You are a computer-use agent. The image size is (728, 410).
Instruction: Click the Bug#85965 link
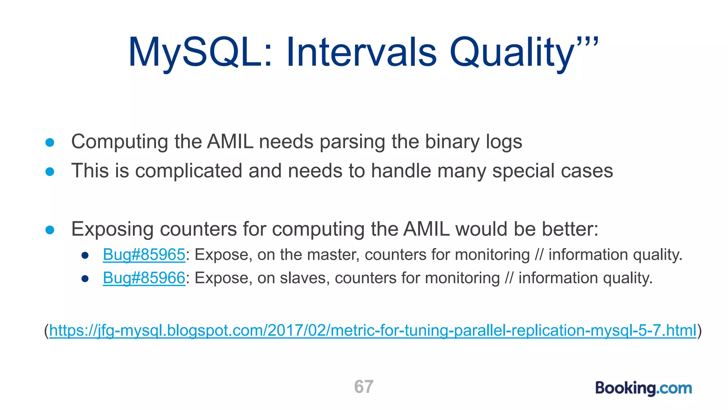[x=144, y=255]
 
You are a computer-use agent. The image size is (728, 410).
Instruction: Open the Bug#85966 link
[x=144, y=278]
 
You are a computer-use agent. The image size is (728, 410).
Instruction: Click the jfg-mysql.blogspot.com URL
[x=373, y=330]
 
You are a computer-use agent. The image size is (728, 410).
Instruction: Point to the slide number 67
[x=364, y=387]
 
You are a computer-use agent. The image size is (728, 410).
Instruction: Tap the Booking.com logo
[x=643, y=388]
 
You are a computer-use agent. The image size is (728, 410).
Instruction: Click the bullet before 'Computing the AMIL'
[x=50, y=143]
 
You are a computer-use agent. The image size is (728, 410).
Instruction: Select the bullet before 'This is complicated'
[x=50, y=172]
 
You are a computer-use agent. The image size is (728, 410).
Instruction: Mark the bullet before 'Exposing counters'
[x=50, y=230]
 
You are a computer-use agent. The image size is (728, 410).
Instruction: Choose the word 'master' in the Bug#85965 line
[x=333, y=255]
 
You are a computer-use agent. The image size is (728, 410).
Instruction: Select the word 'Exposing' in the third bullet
[x=112, y=229]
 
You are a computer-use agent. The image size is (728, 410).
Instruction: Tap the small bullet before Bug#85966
[x=85, y=278]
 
